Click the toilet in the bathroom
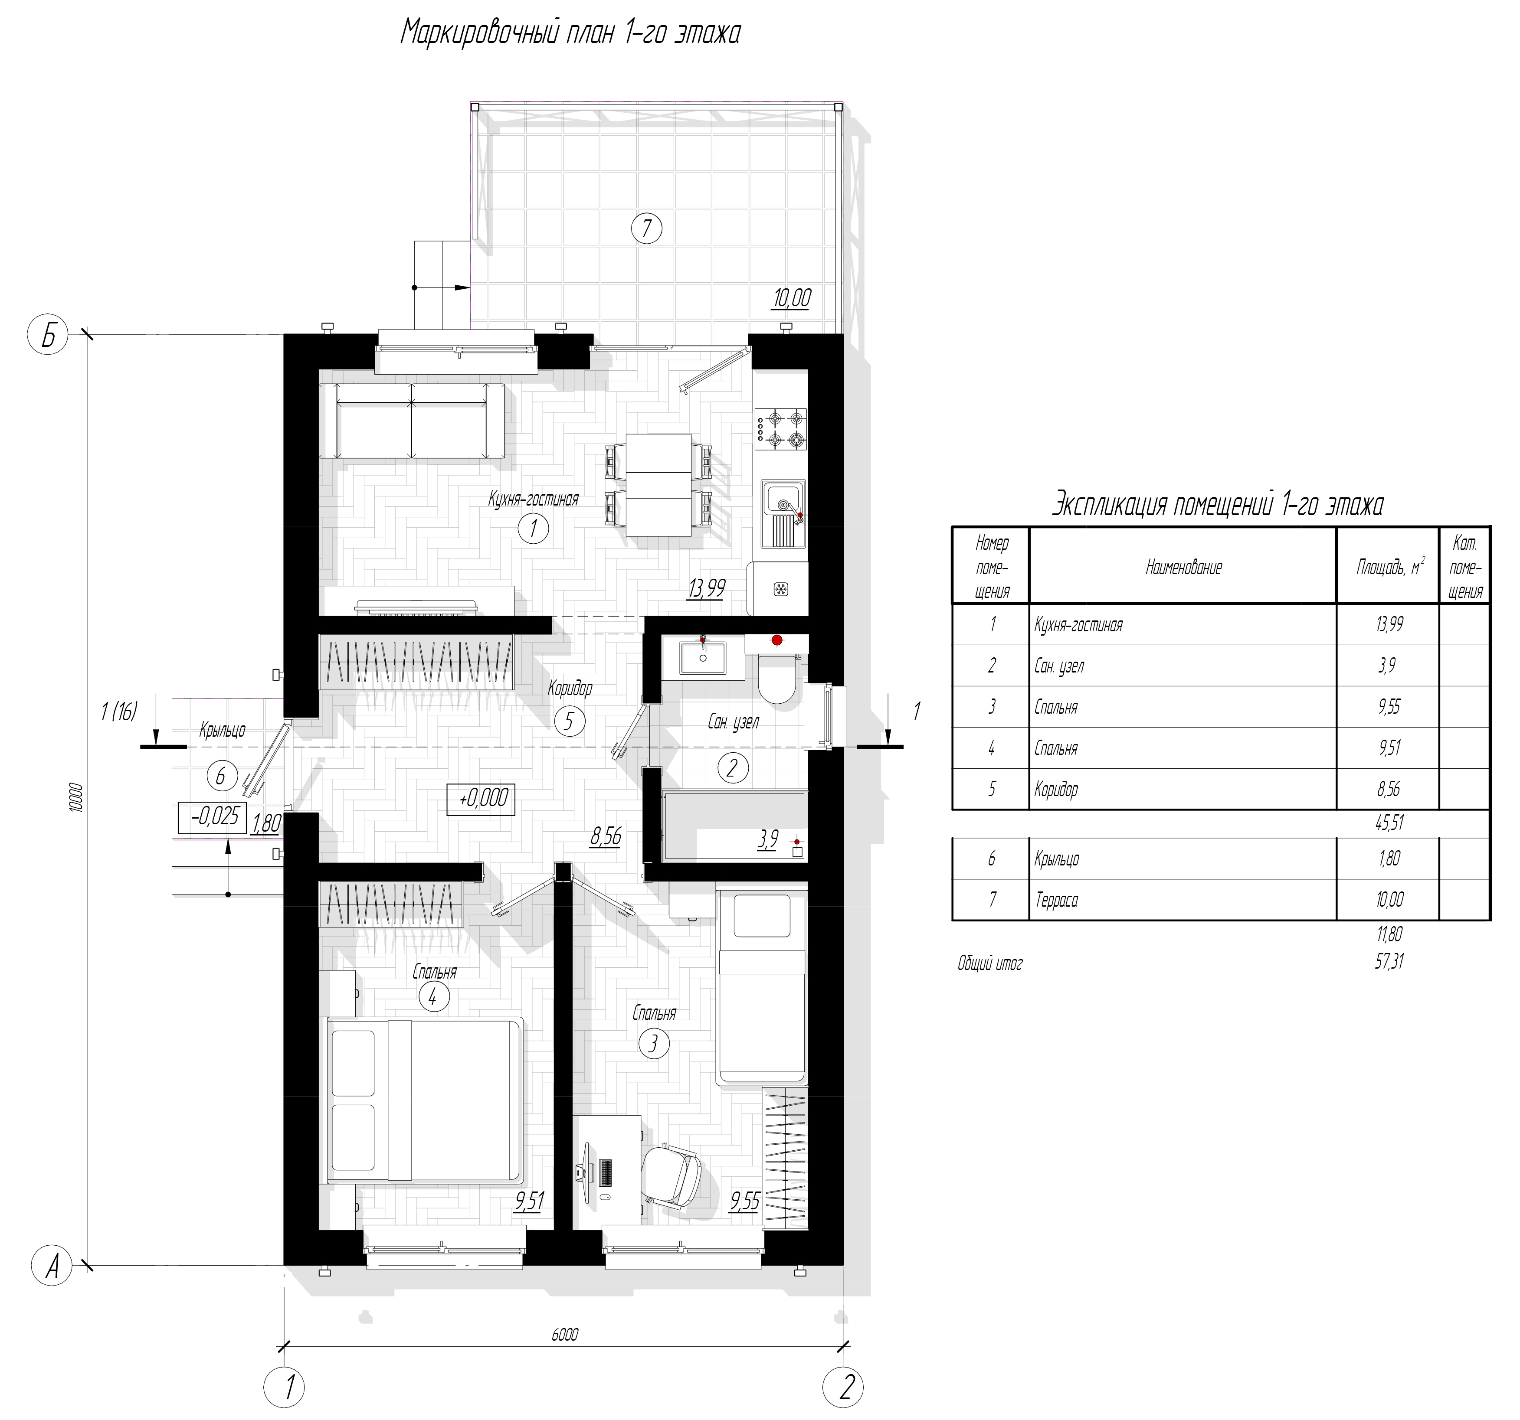point(778,676)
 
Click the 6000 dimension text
point(564,1335)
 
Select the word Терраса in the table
point(1057,900)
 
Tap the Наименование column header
point(1183,567)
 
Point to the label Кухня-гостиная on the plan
point(534,499)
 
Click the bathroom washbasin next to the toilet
point(703,657)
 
